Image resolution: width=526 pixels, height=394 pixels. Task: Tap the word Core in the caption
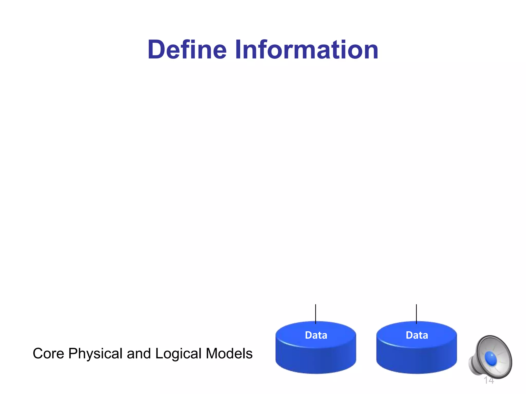48,353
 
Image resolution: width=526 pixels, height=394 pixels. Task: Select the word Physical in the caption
95,353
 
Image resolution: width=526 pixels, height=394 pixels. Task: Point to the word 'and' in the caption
139,353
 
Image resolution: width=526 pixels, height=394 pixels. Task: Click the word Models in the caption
229,353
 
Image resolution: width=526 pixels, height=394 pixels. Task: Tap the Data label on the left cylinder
316,335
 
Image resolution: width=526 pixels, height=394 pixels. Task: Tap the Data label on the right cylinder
417,335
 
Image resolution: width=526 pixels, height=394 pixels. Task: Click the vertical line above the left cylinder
316,313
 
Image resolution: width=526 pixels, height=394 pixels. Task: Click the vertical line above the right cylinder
416,313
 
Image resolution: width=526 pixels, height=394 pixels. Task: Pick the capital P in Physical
73,353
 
